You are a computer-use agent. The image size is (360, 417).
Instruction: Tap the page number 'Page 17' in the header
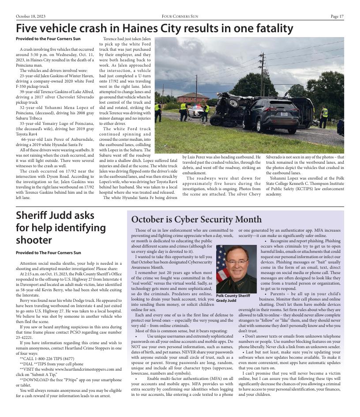337,16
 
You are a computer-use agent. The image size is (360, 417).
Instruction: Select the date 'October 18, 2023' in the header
31,16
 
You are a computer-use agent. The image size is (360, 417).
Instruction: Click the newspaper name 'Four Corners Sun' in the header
180,16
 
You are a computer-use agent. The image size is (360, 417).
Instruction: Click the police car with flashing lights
195,111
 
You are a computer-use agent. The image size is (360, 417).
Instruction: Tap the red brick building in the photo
193,98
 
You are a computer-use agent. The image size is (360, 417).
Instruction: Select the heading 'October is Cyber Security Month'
196,219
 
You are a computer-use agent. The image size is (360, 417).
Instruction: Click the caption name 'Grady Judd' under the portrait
226,301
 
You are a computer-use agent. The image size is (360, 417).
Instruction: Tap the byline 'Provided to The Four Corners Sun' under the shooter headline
49,253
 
